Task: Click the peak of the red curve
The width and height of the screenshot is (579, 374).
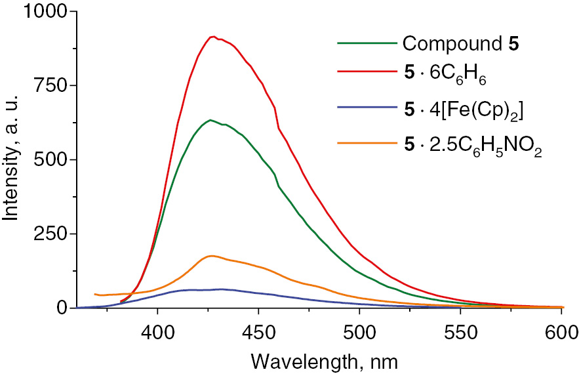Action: [213, 37]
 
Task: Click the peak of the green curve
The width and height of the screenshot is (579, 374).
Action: [210, 120]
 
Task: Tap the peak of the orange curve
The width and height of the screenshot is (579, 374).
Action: [211, 256]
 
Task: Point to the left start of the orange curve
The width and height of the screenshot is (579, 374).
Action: [96, 294]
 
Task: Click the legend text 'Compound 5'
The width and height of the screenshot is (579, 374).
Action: [463, 45]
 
